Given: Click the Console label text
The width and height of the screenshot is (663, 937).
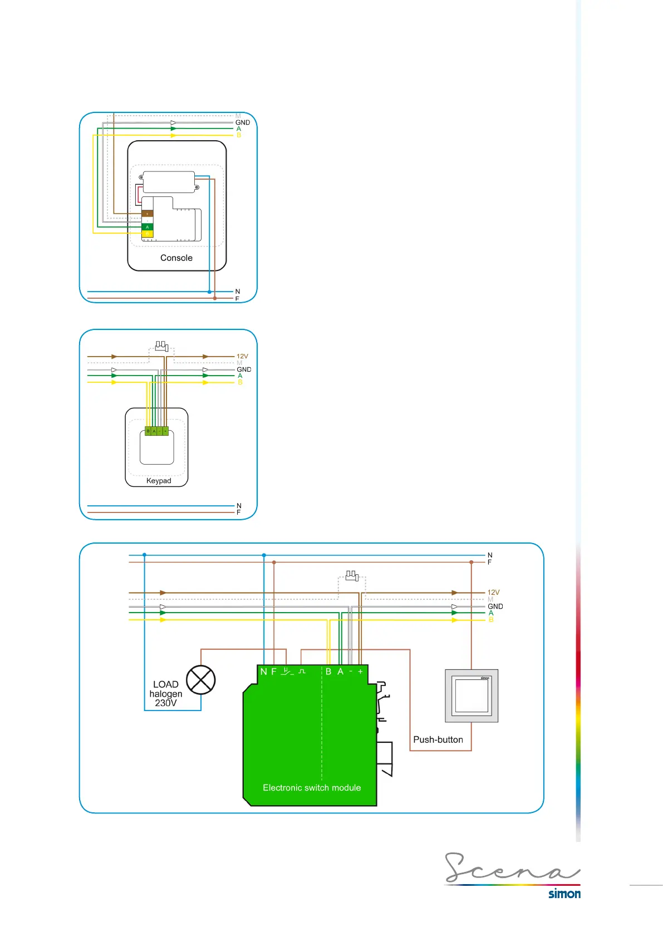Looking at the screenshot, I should pyautogui.click(x=176, y=258).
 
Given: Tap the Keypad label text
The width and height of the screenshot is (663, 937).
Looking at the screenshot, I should pyautogui.click(x=159, y=481).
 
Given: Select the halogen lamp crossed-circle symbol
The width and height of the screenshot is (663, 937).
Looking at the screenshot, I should pyautogui.click(x=200, y=680).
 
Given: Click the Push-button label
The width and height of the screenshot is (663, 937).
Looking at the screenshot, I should pyautogui.click(x=438, y=739).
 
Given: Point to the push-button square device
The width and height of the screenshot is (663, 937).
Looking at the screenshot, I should pyautogui.click(x=472, y=696).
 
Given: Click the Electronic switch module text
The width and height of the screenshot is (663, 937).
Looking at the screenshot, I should pyautogui.click(x=312, y=788).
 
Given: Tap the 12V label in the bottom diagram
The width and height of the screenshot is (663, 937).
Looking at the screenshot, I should pyautogui.click(x=493, y=593).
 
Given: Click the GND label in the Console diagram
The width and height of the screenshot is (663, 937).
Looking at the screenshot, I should pyautogui.click(x=243, y=122).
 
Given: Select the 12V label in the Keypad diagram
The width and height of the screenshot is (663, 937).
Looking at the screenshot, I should pyautogui.click(x=242, y=356).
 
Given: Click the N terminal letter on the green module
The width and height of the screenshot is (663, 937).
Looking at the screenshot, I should pyautogui.click(x=263, y=672).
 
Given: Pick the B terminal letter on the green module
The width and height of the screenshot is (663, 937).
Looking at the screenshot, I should pyautogui.click(x=328, y=672).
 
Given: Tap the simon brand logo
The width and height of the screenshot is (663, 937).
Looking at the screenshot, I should pyautogui.click(x=564, y=894).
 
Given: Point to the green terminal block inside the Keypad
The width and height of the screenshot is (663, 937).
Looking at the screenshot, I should pyautogui.click(x=156, y=431).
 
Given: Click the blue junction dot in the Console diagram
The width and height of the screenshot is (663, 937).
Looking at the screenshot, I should pyautogui.click(x=209, y=292).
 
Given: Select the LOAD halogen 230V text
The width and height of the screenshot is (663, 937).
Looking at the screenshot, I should pyautogui.click(x=166, y=694).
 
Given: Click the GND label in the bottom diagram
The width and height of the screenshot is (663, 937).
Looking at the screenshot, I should pyautogui.click(x=495, y=606).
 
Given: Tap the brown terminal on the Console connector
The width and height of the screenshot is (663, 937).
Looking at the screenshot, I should pyautogui.click(x=148, y=214).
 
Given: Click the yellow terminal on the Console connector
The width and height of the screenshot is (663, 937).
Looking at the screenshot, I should pyautogui.click(x=148, y=234).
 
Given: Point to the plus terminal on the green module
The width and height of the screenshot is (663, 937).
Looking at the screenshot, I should pyautogui.click(x=360, y=672).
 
